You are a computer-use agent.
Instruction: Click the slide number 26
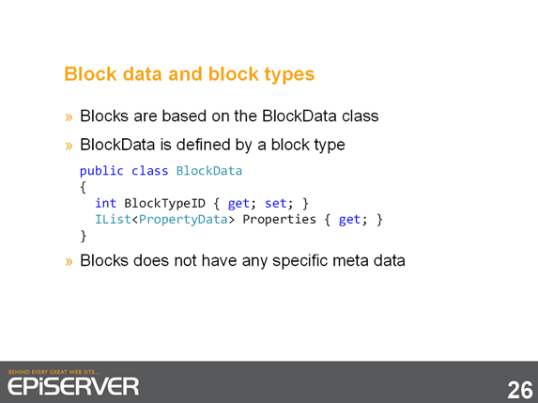(x=520, y=390)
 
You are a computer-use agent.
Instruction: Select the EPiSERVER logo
(x=73, y=386)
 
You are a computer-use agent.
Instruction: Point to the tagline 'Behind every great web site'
(x=54, y=372)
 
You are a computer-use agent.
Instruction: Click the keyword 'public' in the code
(x=101, y=171)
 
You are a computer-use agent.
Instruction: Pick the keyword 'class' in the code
(x=150, y=171)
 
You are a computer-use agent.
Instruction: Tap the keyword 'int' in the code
(x=106, y=203)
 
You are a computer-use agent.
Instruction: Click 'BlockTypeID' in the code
(x=164, y=204)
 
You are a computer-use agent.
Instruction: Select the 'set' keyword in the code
(x=275, y=204)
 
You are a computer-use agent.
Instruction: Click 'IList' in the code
(x=113, y=220)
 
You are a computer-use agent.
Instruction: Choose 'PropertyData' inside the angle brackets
(x=183, y=220)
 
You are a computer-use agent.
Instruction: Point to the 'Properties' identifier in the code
(x=279, y=220)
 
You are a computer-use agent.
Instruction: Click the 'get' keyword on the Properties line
(x=349, y=220)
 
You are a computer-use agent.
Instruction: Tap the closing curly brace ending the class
(x=84, y=236)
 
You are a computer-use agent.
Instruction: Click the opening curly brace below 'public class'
(x=83, y=188)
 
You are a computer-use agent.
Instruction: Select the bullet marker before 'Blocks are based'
(x=69, y=117)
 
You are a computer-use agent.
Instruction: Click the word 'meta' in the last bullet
(x=350, y=261)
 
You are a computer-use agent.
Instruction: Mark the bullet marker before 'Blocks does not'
(x=69, y=262)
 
